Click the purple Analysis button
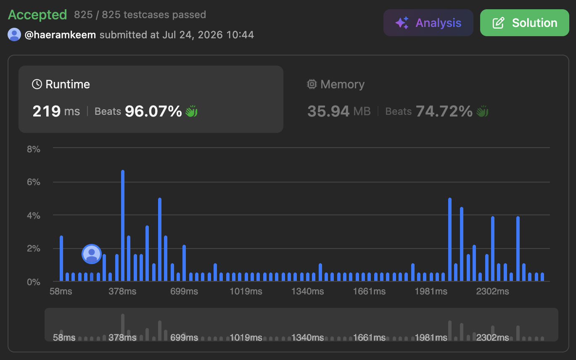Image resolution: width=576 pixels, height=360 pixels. coord(428,23)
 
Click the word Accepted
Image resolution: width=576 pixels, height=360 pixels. coord(37,15)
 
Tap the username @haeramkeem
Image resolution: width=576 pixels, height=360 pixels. coord(60,35)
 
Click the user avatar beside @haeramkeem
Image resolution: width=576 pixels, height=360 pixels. coord(14,34)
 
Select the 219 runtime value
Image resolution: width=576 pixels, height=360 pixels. coord(47,111)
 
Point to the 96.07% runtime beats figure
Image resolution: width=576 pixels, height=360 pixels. coord(153,111)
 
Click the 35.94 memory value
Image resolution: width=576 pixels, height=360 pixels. coord(328,111)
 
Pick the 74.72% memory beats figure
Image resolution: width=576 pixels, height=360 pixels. coord(444,111)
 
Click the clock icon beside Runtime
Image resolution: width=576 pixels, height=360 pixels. coord(37,84)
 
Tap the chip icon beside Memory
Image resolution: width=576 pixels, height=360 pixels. coord(312,84)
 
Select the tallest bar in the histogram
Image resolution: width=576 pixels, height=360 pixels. coord(123,225)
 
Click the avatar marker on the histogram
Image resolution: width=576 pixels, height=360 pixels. coord(92,254)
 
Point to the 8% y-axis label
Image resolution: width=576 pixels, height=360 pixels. coord(34,149)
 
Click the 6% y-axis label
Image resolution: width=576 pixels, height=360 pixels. coord(34,182)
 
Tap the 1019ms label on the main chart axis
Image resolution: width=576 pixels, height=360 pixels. coord(246,291)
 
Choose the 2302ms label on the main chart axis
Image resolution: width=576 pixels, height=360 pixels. coord(492,291)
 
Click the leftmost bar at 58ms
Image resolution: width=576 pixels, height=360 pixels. coord(61,258)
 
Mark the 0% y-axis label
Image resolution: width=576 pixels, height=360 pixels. coord(34,282)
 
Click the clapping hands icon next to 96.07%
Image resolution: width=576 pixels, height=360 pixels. coord(192,111)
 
